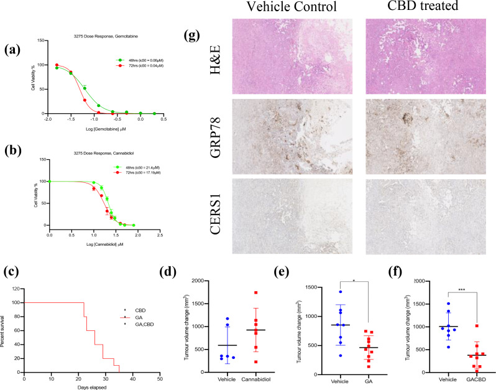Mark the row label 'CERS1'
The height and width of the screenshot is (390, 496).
[219, 215]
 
